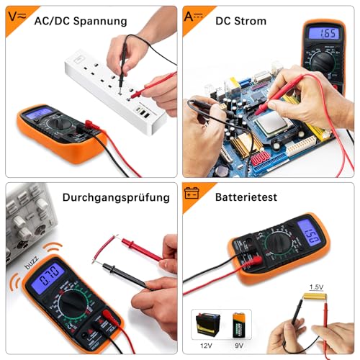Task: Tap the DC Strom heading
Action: [x=240, y=22]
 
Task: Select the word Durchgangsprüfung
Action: [x=115, y=197]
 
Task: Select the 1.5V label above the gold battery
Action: [x=316, y=287]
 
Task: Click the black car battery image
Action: [x=207, y=324]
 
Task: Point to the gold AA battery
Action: [x=314, y=297]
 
